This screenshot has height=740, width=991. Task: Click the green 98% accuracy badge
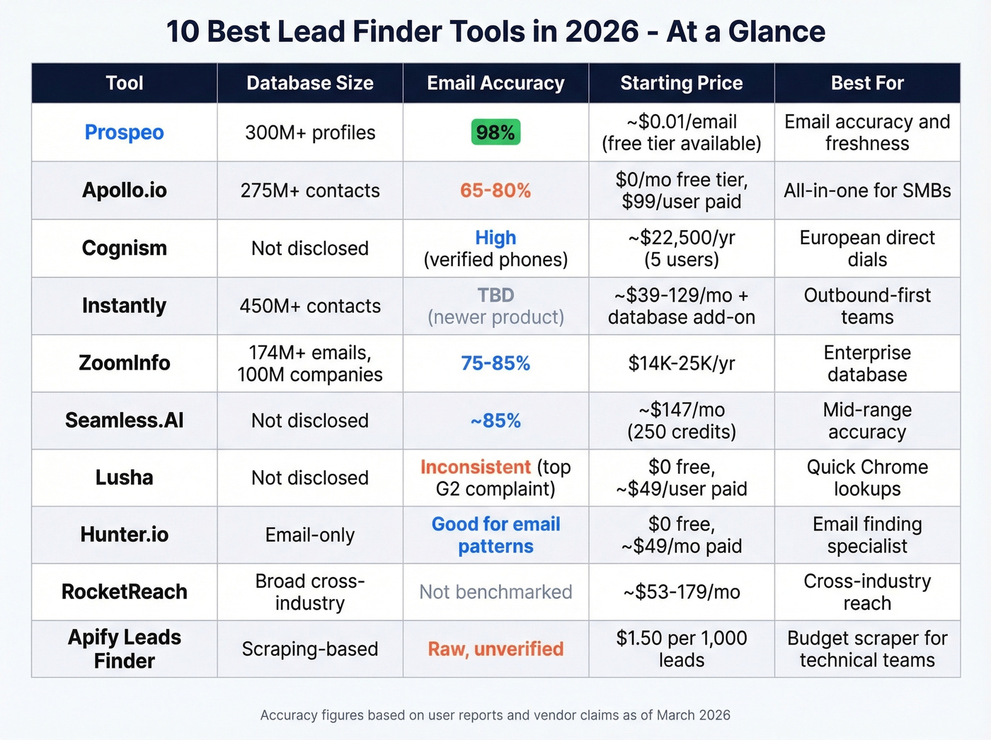pos(495,132)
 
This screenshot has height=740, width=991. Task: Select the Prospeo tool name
pos(124,132)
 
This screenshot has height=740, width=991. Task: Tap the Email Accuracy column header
pos(495,83)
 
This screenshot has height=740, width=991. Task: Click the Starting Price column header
pos(681,83)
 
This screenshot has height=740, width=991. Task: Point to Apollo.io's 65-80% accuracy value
pos(495,190)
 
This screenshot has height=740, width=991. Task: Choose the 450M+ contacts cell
pos(310,306)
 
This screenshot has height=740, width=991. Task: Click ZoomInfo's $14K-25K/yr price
pos(681,363)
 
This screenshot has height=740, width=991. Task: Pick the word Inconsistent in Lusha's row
pos(475,467)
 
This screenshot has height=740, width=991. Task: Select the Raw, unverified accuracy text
pos(495,649)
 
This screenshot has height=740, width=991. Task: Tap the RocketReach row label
pos(124,592)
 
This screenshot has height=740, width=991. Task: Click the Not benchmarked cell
pos(495,592)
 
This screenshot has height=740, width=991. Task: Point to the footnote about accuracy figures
pos(495,715)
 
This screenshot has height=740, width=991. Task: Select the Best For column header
pos(867,83)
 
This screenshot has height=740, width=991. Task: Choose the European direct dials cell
pos(867,249)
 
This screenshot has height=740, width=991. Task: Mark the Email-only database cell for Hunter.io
pos(310,535)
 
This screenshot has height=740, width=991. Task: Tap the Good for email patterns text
pos(495,535)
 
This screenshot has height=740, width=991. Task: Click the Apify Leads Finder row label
pos(124,649)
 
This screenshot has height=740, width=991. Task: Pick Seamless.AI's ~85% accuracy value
pos(495,421)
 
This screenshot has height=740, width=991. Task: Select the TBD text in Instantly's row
pos(495,295)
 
